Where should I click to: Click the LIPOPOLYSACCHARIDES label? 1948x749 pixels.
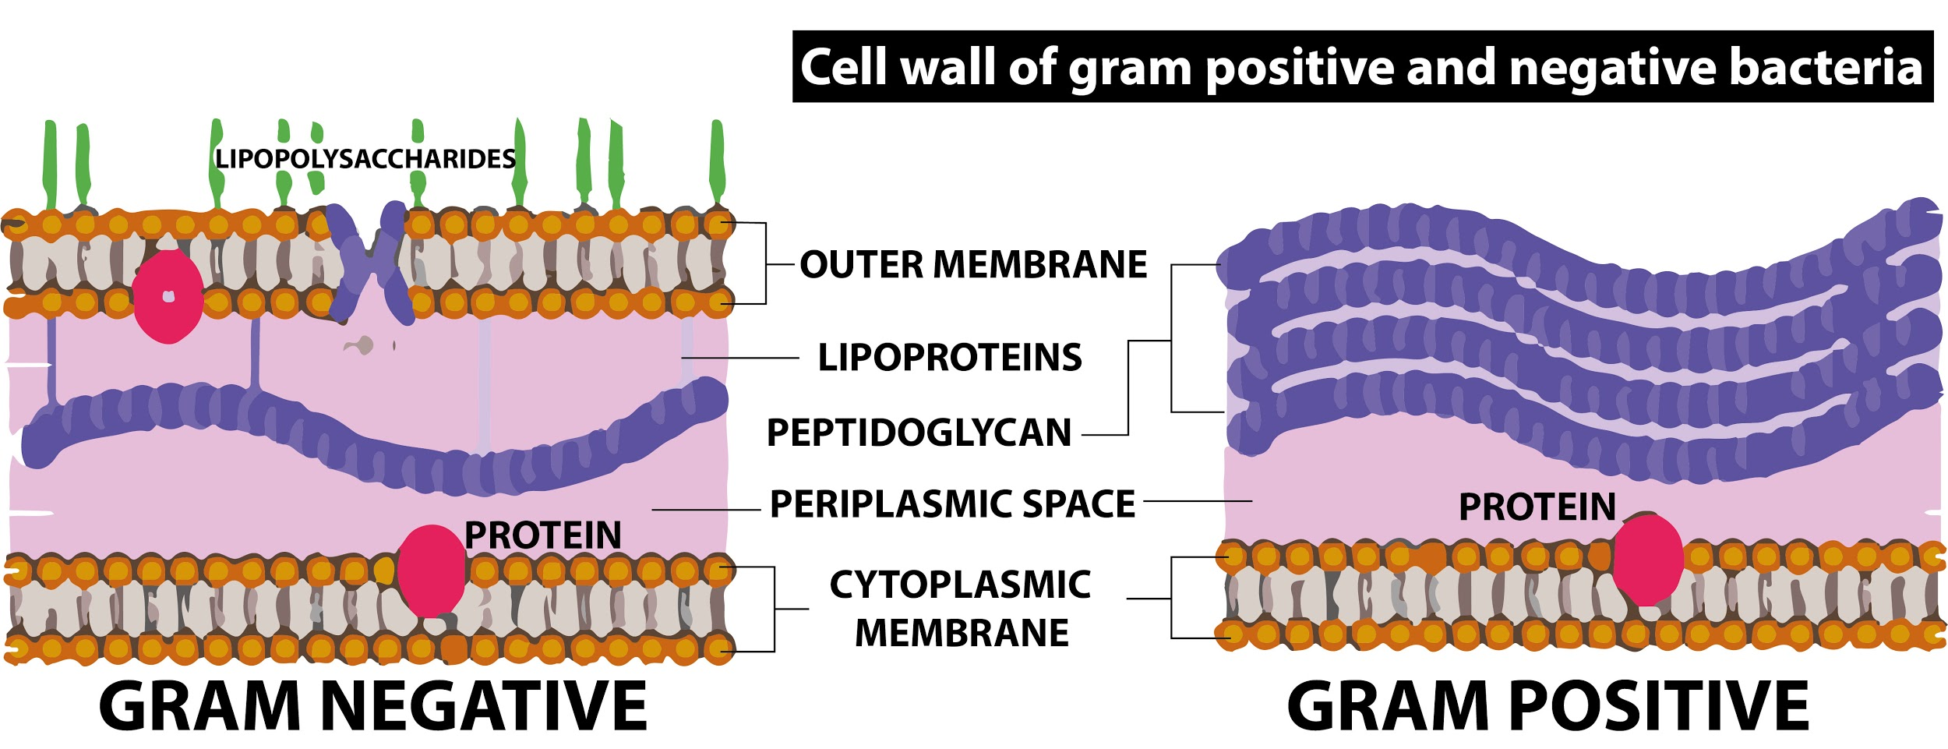click(365, 159)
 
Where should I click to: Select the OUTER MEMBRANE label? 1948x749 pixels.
click(973, 264)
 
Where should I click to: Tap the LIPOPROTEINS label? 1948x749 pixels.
click(949, 358)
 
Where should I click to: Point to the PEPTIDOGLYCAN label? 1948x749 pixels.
click(919, 433)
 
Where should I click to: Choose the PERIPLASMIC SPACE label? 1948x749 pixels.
click(952, 504)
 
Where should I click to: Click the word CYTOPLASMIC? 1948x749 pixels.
click(960, 585)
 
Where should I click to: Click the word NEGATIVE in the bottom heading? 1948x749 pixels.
click(483, 705)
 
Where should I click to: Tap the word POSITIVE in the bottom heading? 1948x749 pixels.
click(1660, 705)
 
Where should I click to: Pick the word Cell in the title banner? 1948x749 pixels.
click(845, 67)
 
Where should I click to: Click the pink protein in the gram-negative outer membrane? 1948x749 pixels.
click(168, 297)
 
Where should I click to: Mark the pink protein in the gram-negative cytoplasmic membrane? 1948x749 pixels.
click(431, 571)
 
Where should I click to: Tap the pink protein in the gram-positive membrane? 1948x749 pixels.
click(1647, 559)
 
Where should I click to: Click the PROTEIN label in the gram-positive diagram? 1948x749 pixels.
click(1537, 507)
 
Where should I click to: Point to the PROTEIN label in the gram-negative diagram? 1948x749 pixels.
click(542, 535)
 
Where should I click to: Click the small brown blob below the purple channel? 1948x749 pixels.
click(360, 345)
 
